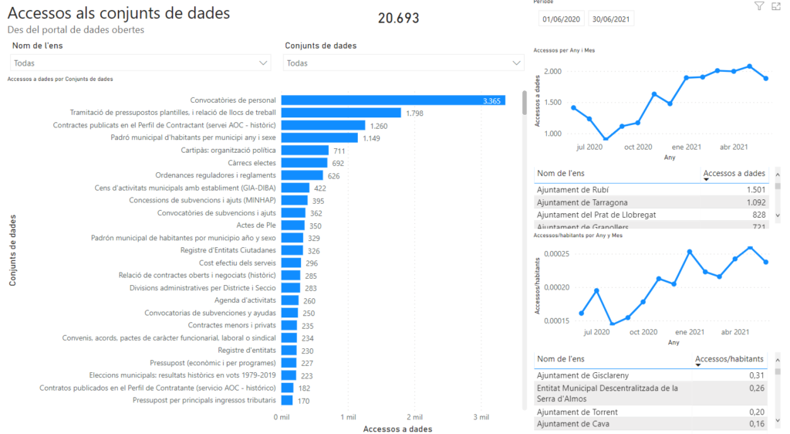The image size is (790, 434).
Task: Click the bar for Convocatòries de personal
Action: [392, 100]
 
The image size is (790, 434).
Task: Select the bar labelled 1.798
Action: [340, 113]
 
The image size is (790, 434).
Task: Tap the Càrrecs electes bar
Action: [304, 163]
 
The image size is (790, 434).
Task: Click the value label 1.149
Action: [373, 138]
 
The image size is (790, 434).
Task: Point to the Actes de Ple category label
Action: [260, 225]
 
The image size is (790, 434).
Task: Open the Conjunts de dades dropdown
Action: [403, 63]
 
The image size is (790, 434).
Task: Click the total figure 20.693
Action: [399, 18]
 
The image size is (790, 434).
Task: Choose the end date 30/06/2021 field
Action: [610, 19]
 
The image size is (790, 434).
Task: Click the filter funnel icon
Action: [758, 6]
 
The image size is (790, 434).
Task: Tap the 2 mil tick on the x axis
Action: [414, 417]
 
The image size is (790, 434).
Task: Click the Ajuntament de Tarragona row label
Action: [576, 202]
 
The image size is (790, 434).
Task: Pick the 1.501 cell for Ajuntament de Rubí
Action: [755, 190]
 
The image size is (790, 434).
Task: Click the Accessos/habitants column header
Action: [729, 359]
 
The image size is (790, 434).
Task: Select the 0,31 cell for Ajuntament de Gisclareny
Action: [756, 375]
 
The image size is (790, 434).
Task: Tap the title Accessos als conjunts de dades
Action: [119, 13]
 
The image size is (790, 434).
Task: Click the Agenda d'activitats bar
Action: [289, 300]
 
